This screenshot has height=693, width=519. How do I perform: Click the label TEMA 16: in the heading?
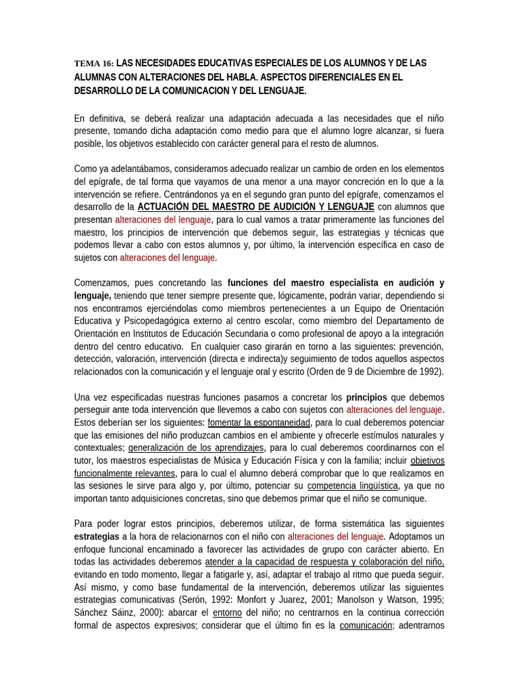pos(94,64)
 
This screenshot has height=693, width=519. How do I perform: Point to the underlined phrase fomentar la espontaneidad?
pos(259,422)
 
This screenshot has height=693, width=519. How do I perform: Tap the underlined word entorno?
pos(227,613)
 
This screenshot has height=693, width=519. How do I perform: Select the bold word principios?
pos(367,397)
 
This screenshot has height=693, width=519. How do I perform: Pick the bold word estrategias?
pos(97,537)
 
